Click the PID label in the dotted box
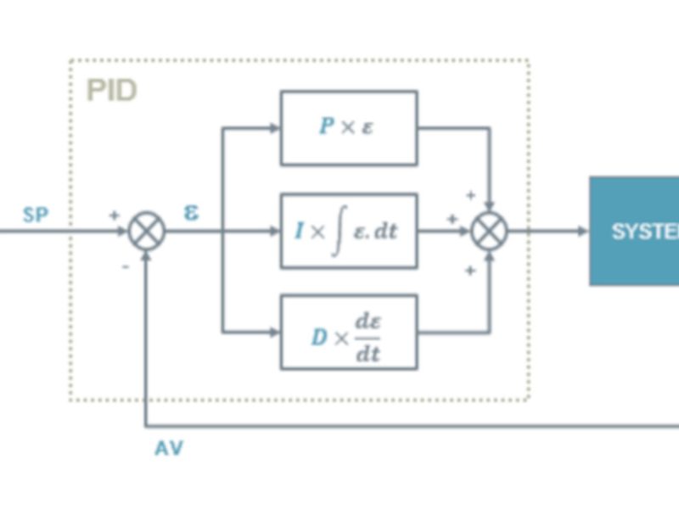[111, 91]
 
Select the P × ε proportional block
[349, 127]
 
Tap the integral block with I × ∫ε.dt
[349, 231]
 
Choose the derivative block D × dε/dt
[349, 333]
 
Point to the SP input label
[36, 215]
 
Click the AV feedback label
[168, 449]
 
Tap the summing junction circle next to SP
[147, 231]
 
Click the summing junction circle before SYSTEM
[490, 231]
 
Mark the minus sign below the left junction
[125, 266]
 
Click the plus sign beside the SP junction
[114, 215]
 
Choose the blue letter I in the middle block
[299, 231]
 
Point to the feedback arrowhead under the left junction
[147, 256]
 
